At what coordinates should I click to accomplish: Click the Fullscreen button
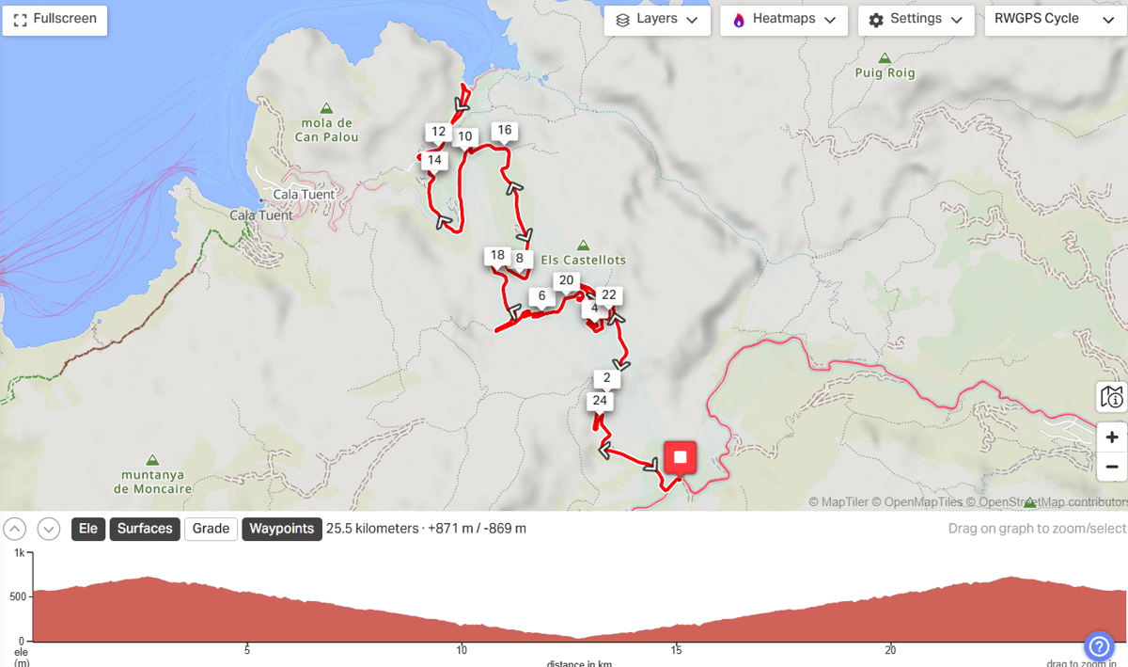55,19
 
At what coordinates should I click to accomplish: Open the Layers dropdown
656,20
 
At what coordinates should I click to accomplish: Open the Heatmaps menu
784,20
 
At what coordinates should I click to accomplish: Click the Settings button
916,20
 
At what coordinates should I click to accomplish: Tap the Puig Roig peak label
885,72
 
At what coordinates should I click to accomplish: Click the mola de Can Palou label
326,130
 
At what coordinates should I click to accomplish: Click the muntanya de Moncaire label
152,482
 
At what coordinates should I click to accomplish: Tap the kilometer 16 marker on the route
504,131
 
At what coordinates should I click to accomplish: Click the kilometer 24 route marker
600,402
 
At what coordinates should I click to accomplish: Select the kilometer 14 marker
434,161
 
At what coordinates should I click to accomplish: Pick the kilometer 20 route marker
565,280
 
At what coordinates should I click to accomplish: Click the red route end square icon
681,458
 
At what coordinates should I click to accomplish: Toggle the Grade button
211,529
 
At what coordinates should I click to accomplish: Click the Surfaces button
145,529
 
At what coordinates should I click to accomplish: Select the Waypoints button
281,529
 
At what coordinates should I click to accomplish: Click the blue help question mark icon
1099,646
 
